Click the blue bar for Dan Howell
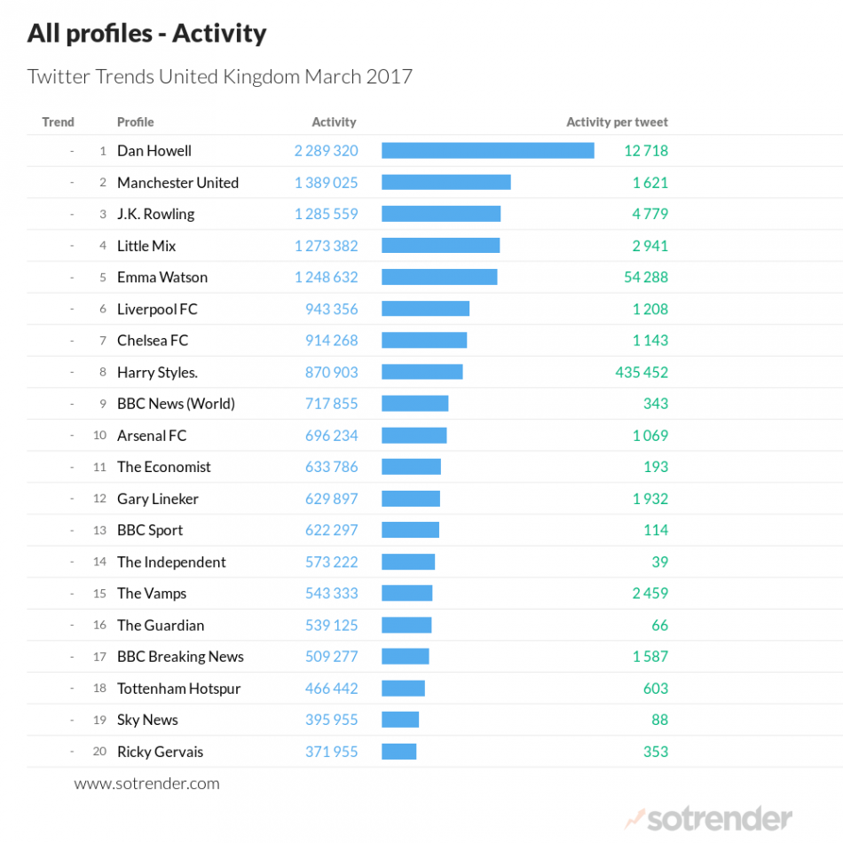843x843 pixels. point(487,151)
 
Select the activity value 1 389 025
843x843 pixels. point(327,183)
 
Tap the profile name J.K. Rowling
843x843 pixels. point(155,214)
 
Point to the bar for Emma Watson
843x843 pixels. point(439,277)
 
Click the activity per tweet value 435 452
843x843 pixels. point(642,372)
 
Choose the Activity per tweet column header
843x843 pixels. point(617,122)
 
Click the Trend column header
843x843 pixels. point(58,122)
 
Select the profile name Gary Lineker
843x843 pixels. point(158,499)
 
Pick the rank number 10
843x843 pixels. point(99,436)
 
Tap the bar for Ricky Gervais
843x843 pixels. point(398,752)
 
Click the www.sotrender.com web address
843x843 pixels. point(146,784)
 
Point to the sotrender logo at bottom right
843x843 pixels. point(709,817)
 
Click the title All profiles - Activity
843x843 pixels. point(146,34)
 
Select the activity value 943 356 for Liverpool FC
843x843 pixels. point(332,309)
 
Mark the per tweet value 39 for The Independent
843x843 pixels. point(659,562)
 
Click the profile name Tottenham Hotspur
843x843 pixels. point(178,689)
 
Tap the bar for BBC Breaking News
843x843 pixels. point(405,657)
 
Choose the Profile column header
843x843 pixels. point(135,122)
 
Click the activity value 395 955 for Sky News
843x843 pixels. point(332,720)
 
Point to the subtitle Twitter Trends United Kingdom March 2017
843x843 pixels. point(220,76)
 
